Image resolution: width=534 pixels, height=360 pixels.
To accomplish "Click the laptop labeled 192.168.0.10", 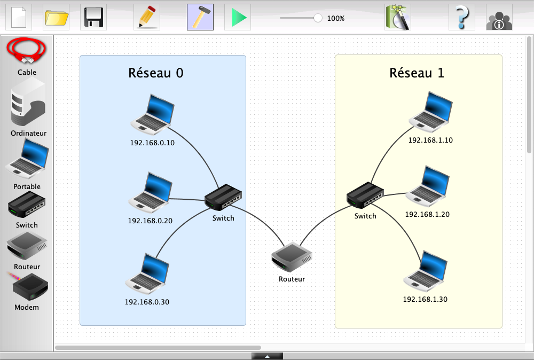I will [153, 114].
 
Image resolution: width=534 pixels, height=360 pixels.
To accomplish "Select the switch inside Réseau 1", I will [365, 195].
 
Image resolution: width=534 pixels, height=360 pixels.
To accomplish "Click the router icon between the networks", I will [292, 257].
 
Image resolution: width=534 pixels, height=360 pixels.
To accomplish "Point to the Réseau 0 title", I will [156, 73].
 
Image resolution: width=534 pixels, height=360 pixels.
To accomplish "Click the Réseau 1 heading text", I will [417, 73].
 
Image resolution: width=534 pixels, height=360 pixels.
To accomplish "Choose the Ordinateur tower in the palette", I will [28, 101].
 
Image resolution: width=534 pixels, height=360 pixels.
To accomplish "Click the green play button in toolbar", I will [238, 18].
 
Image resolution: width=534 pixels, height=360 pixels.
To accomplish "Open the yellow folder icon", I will [56, 18].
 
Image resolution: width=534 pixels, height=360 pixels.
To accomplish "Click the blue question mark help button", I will [461, 18].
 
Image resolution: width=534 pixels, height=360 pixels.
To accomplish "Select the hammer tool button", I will [200, 18].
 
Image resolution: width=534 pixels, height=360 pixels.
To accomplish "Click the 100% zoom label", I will [336, 18].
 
